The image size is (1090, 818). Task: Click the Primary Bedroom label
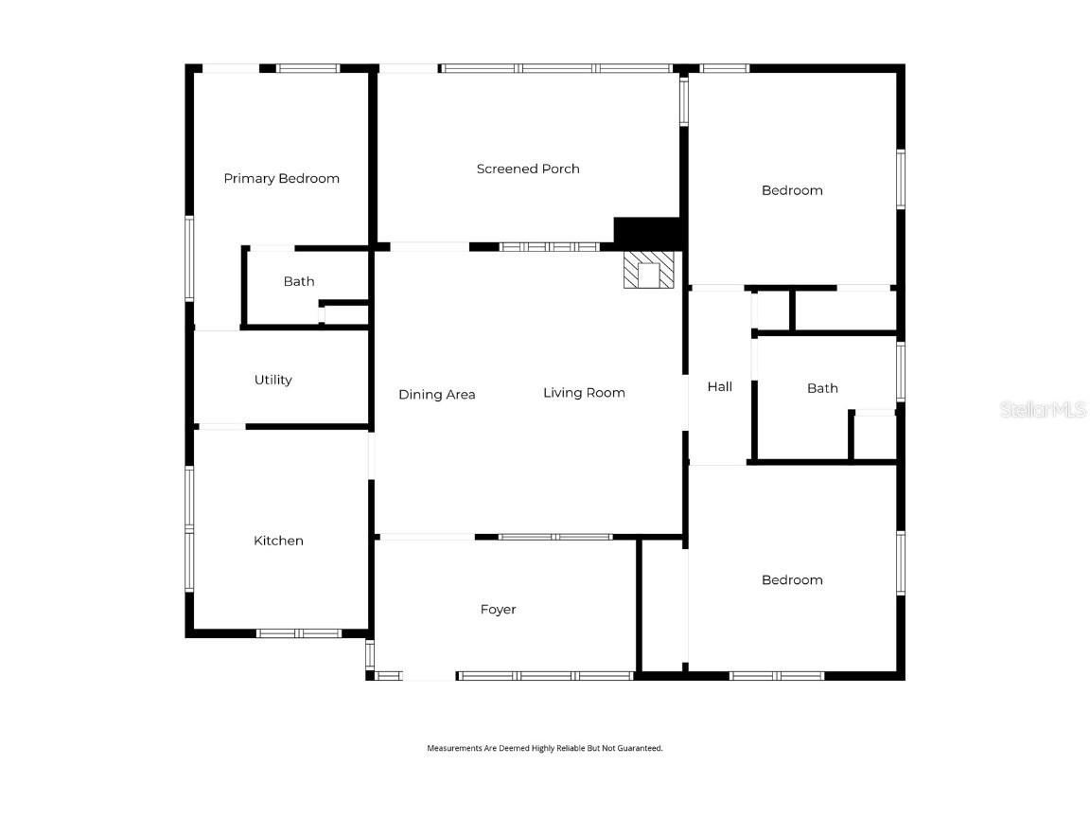pyautogui.click(x=281, y=178)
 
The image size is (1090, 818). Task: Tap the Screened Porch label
pyautogui.click(x=528, y=169)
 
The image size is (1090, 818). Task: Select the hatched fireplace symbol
pyautogui.click(x=649, y=271)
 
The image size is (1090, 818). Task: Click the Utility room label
pyautogui.click(x=272, y=380)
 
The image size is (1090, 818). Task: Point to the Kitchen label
pyautogui.click(x=278, y=541)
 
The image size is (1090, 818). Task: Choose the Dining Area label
pyautogui.click(x=436, y=394)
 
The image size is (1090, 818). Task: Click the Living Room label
pyautogui.click(x=584, y=392)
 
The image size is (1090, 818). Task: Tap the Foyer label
pyautogui.click(x=498, y=609)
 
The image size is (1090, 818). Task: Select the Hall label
pyautogui.click(x=720, y=386)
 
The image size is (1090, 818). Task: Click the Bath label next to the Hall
pyautogui.click(x=822, y=387)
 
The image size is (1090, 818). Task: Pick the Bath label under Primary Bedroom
pyautogui.click(x=299, y=281)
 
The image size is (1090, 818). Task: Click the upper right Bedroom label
pyautogui.click(x=792, y=190)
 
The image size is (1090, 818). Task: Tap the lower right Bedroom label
pyautogui.click(x=792, y=579)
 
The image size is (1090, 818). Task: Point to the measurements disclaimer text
pyautogui.click(x=545, y=748)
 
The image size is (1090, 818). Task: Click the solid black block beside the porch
pyautogui.click(x=647, y=230)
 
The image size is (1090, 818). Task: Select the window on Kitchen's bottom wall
pyautogui.click(x=299, y=632)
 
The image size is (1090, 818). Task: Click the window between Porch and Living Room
pyautogui.click(x=550, y=247)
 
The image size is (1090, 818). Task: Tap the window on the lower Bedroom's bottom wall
pyautogui.click(x=777, y=676)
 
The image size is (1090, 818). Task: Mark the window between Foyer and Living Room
pyautogui.click(x=555, y=537)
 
